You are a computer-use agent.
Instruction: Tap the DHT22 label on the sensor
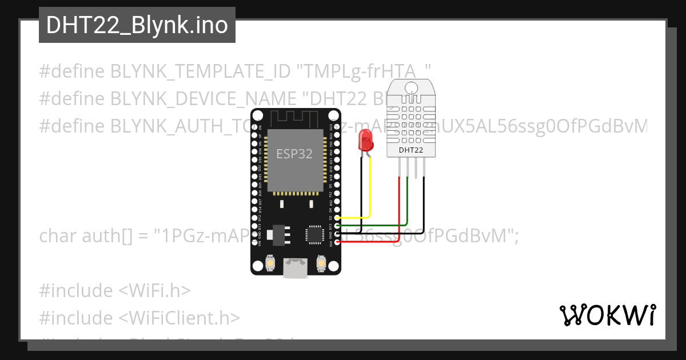(x=410, y=150)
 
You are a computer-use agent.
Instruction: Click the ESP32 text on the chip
(x=294, y=154)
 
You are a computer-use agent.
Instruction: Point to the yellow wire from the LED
(x=370, y=189)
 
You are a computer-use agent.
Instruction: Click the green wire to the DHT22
(x=407, y=200)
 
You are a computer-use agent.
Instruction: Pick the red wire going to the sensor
(x=398, y=206)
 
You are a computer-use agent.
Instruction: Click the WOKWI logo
(x=608, y=315)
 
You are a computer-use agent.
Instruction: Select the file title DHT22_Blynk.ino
(x=137, y=25)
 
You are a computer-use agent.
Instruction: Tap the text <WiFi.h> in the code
(x=154, y=290)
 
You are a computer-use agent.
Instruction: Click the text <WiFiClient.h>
(x=179, y=317)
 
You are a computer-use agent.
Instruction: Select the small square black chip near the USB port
(x=314, y=234)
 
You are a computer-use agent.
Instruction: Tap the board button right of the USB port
(x=321, y=263)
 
